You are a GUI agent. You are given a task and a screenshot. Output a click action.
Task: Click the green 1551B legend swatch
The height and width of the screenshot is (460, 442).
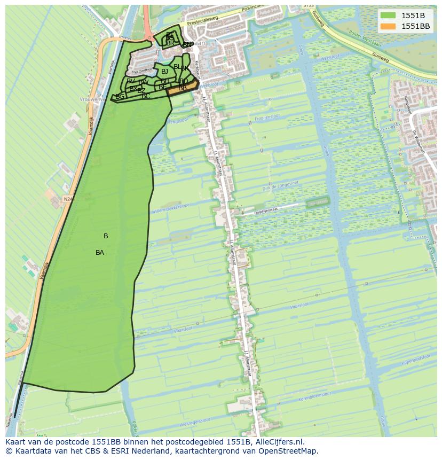point(389,15)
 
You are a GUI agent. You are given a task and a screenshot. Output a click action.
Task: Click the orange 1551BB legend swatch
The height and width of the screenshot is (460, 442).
point(389,26)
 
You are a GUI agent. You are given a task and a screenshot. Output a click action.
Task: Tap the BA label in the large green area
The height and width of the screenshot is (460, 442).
point(100,253)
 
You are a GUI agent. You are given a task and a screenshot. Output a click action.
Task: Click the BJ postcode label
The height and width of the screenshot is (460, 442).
point(164,72)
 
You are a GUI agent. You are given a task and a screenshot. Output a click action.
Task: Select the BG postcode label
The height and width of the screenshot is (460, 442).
point(120,97)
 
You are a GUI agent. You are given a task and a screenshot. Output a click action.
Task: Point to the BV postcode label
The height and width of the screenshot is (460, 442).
point(131,81)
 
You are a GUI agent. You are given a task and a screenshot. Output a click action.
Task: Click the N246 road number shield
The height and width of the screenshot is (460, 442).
point(67,199)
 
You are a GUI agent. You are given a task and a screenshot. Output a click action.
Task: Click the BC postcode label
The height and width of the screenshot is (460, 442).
point(146,96)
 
